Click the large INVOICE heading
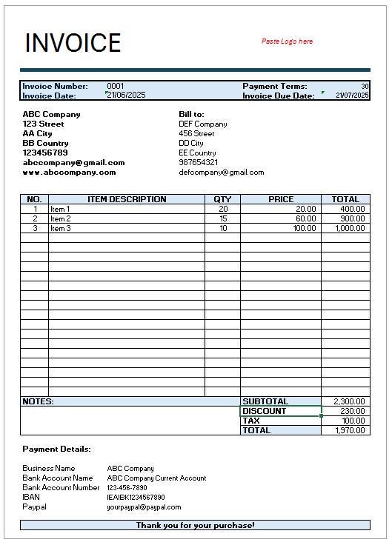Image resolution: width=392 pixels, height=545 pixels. click(x=73, y=43)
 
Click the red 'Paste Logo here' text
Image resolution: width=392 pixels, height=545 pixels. click(x=287, y=41)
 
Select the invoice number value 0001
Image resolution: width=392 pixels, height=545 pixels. click(x=116, y=87)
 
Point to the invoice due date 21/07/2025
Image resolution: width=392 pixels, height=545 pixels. click(x=352, y=96)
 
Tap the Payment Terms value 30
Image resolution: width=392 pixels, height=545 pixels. click(x=365, y=87)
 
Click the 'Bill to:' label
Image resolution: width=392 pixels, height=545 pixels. click(x=191, y=114)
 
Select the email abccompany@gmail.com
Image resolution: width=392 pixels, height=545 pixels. click(x=73, y=162)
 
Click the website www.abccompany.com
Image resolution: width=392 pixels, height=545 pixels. click(x=69, y=172)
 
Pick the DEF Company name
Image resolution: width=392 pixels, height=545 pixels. click(x=203, y=124)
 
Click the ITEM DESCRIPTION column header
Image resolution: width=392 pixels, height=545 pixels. click(x=127, y=199)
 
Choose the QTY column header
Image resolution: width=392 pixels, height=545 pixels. click(x=222, y=199)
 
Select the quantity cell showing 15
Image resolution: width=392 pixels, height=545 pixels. click(x=222, y=218)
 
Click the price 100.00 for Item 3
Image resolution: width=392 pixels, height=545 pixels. click(x=304, y=228)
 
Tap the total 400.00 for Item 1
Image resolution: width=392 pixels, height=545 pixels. click(x=353, y=209)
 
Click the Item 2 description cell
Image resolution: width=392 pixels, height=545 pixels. click(x=61, y=218)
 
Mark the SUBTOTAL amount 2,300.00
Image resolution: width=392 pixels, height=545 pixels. click(x=349, y=401)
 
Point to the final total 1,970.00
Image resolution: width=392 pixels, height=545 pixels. click(x=349, y=430)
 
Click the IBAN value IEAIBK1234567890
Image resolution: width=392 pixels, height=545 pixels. click(x=136, y=498)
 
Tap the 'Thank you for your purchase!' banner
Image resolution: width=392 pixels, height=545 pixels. click(x=195, y=525)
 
